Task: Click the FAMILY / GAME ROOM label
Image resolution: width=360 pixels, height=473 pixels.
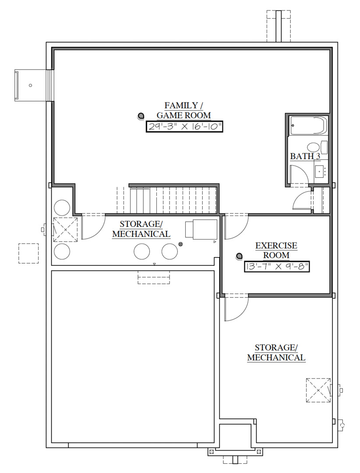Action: pyautogui.click(x=184, y=110)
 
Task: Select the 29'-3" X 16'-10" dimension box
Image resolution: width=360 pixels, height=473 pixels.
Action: pyautogui.click(x=184, y=127)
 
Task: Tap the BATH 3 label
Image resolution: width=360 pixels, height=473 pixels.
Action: pyautogui.click(x=305, y=156)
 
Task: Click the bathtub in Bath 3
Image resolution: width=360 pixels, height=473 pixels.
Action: pyautogui.click(x=309, y=126)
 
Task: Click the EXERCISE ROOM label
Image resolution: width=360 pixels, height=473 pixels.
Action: pyautogui.click(x=276, y=251)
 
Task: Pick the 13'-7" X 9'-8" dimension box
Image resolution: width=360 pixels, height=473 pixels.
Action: pyautogui.click(x=277, y=267)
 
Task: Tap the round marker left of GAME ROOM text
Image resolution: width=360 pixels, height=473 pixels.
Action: pyautogui.click(x=141, y=116)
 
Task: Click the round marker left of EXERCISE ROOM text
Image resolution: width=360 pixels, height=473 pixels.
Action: pyautogui.click(x=239, y=256)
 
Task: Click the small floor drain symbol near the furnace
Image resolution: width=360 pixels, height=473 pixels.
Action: pyautogui.click(x=180, y=244)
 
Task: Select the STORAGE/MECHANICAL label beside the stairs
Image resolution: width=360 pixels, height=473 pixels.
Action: pyautogui.click(x=141, y=229)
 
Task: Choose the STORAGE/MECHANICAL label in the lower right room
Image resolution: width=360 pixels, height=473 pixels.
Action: pyautogui.click(x=276, y=353)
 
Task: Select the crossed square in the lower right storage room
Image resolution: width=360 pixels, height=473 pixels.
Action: pyautogui.click(x=318, y=389)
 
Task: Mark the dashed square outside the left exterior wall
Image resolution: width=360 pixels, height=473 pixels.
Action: pyautogui.click(x=28, y=253)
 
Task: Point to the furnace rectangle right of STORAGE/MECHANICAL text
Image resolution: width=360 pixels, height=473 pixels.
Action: pyautogui.click(x=201, y=229)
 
